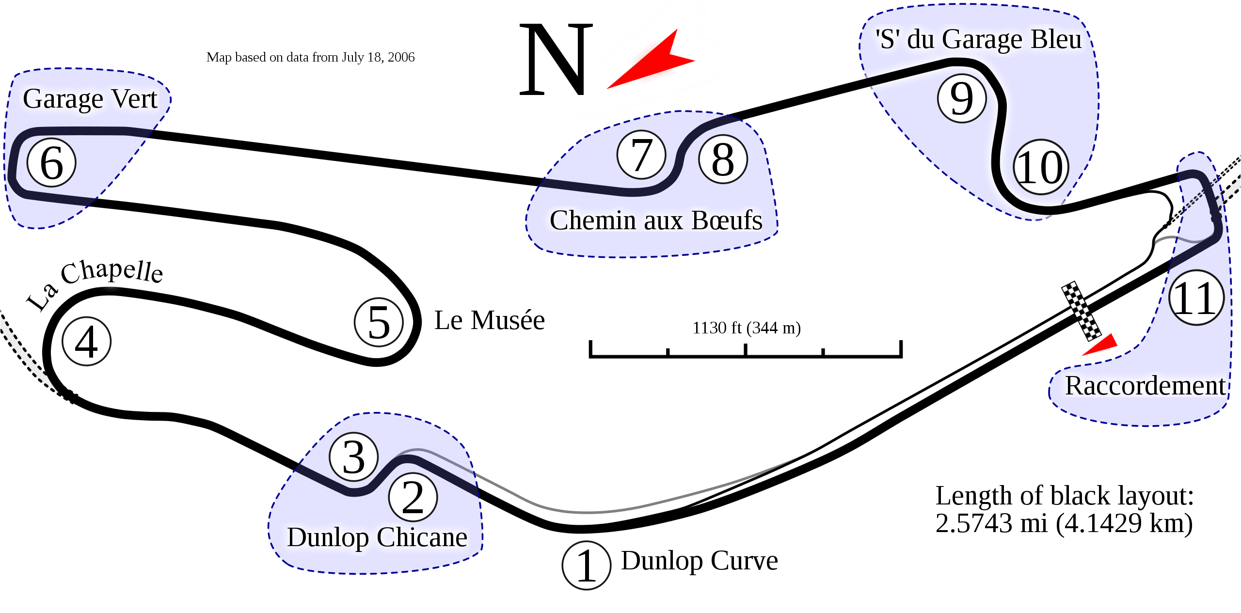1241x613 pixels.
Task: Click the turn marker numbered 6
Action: pos(51,163)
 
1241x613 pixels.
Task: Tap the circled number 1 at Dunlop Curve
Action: pos(586,566)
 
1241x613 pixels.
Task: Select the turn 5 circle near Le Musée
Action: pos(379,322)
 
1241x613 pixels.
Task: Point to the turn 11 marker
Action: pos(1196,298)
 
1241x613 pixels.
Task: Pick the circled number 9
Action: pos(962,98)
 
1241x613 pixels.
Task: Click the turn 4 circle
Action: pos(87,341)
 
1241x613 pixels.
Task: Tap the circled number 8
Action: pos(723,159)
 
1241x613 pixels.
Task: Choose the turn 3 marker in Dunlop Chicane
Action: pos(354,457)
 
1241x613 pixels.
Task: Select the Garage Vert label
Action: pos(90,99)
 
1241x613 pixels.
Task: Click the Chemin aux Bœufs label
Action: pos(655,220)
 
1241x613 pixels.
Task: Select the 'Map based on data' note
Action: pos(310,57)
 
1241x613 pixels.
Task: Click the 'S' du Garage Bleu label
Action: pos(978,39)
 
